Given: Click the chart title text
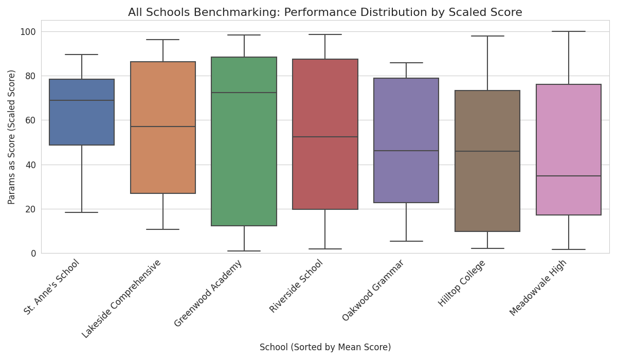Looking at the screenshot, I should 325,12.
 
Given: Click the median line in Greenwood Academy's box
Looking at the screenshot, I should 244,93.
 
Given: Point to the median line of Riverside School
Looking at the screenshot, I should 325,137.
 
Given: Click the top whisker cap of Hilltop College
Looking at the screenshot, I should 487,36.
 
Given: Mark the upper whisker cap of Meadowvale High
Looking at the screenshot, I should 569,31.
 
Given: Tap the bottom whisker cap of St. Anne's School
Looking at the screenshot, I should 82,212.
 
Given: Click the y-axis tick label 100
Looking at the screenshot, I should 28,32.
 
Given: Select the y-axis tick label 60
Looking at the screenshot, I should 30,120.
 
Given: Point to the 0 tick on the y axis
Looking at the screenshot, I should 33,253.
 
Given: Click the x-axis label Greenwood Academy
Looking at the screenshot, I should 209,293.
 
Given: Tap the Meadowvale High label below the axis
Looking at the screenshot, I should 538,287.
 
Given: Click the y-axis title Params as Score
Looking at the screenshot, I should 12,137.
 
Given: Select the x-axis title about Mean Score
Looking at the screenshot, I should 325,348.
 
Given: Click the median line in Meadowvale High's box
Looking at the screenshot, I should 569,176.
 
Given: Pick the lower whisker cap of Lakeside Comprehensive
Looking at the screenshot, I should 163,229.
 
